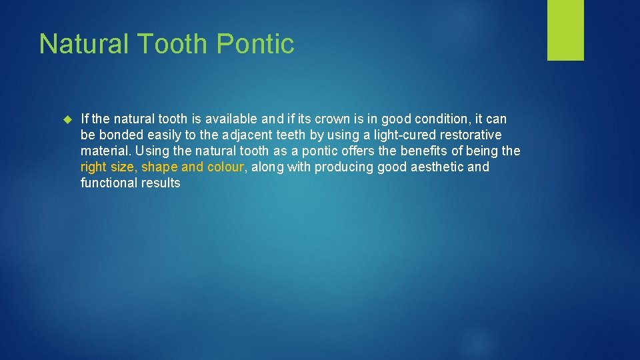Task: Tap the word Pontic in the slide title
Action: click(x=256, y=44)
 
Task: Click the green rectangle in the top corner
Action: click(x=565, y=30)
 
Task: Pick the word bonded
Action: click(x=121, y=135)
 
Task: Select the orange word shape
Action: click(x=159, y=167)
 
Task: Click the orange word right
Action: click(x=94, y=167)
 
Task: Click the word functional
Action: click(x=108, y=183)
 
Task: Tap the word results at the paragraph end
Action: click(x=161, y=183)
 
